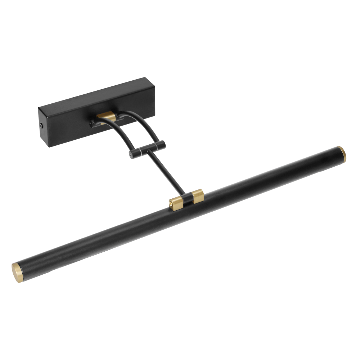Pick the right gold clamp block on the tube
pyautogui.click(x=198, y=196)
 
